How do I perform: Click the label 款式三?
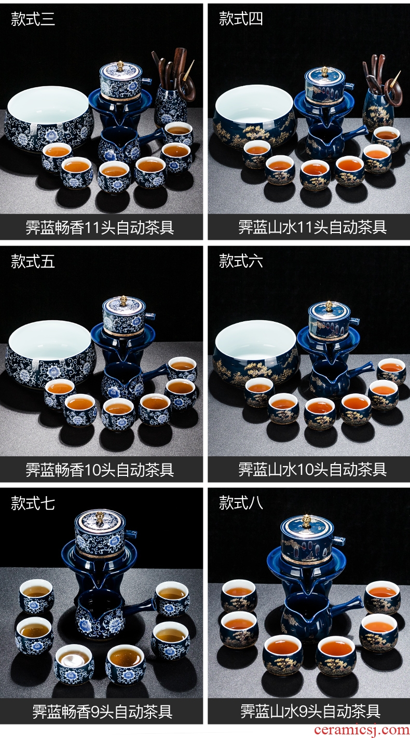coord(33,19)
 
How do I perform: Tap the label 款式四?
coord(241,19)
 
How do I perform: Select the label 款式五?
coord(33,261)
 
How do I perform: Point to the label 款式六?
coord(241,261)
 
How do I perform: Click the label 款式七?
coord(33,503)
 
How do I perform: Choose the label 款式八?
coord(241,503)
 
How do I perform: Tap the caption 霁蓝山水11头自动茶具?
coord(312,227)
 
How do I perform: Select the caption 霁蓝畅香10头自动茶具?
coord(100,470)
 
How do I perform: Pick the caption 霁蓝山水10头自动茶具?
coord(312,470)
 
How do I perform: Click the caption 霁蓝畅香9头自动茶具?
coord(102,712)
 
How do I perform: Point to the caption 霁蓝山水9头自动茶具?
coord(310,712)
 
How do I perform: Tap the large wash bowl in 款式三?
coord(48,119)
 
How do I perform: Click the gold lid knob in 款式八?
coord(307,520)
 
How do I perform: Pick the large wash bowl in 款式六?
coord(256,353)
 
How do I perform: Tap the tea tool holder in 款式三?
coord(170,105)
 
